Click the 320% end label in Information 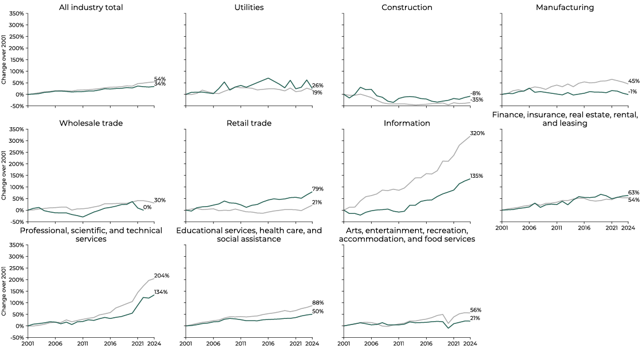477,133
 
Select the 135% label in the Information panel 477,176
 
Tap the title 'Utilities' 248,7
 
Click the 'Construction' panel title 407,7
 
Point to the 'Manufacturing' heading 565,7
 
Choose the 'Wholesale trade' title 91,123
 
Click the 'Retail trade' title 248,123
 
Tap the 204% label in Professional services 161,276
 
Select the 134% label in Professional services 161,292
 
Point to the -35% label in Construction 476,100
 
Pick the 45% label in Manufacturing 633,81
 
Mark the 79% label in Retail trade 318,189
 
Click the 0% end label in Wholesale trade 147,207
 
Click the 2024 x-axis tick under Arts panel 470,343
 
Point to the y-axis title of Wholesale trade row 4,175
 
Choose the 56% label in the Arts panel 476,310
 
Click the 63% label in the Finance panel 633,192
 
